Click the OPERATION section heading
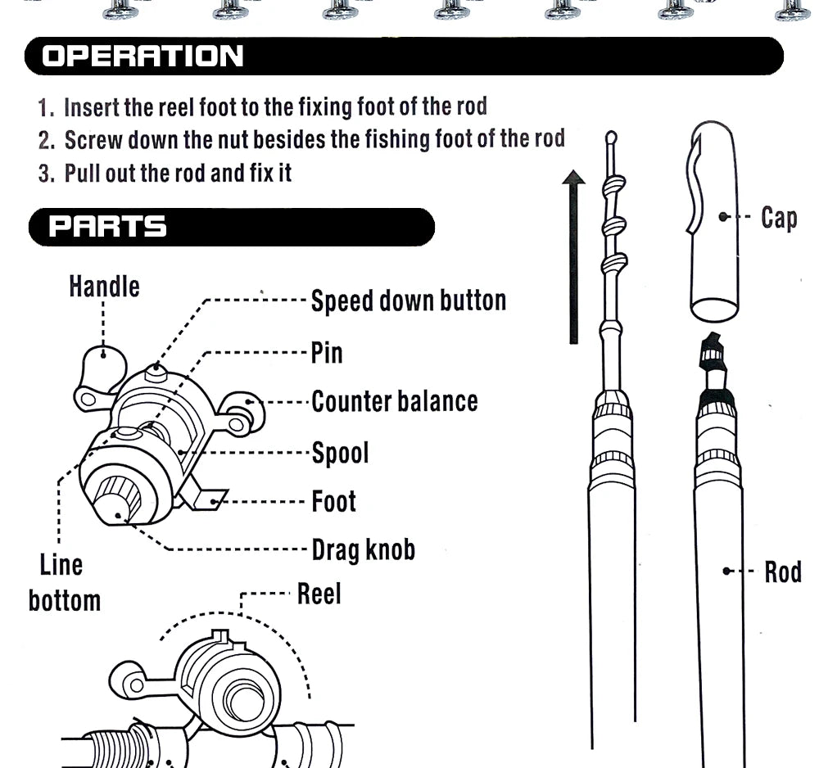[143, 56]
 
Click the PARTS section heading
[107, 227]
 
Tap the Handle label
[104, 287]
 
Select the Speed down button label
[408, 300]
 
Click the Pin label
[326, 353]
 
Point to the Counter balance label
[394, 401]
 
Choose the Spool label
[340, 452]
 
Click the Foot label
[333, 501]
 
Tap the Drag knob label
[363, 549]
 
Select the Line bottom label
[63, 582]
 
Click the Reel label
[319, 594]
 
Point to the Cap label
[778, 218]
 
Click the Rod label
[782, 571]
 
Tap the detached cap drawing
[714, 221]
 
